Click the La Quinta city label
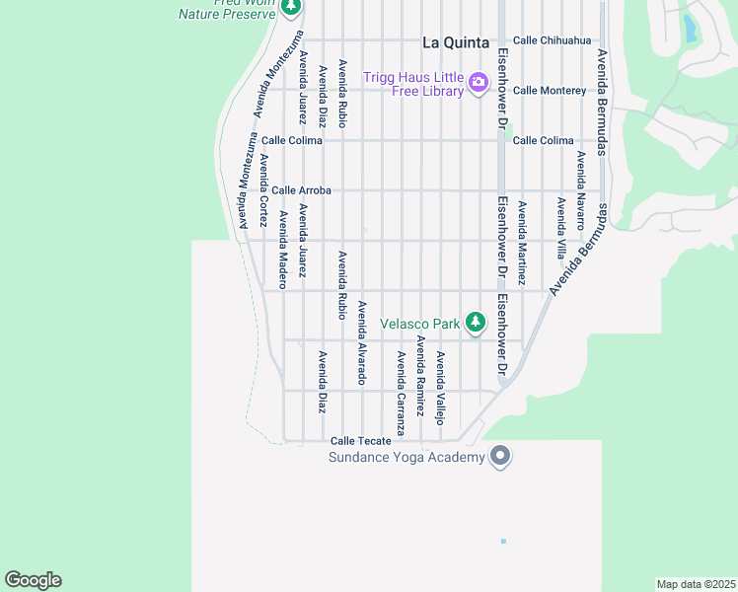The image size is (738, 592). pyautogui.click(x=455, y=42)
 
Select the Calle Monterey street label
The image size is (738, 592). pyautogui.click(x=550, y=91)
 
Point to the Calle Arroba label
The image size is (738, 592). pyautogui.click(x=301, y=190)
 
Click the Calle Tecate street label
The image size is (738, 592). pyautogui.click(x=361, y=441)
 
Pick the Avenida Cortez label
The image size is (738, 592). pyautogui.click(x=264, y=190)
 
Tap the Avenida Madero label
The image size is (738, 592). pyautogui.click(x=283, y=250)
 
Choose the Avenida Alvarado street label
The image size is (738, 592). pyautogui.click(x=362, y=342)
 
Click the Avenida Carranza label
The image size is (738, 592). pyautogui.click(x=402, y=393)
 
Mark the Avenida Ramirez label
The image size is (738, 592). pyautogui.click(x=421, y=376)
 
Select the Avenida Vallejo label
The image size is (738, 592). pyautogui.click(x=441, y=388)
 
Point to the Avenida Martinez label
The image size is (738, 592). pyautogui.click(x=522, y=244)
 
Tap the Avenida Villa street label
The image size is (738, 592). pyautogui.click(x=560, y=228)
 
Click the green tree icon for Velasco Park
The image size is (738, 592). pyautogui.click(x=476, y=322)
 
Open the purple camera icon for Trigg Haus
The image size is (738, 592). pyautogui.click(x=479, y=82)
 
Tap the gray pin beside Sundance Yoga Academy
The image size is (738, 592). pyautogui.click(x=500, y=456)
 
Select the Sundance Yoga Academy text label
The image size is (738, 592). pyautogui.click(x=406, y=457)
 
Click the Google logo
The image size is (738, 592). pyautogui.click(x=33, y=580)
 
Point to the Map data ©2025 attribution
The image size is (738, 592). pyautogui.click(x=696, y=583)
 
